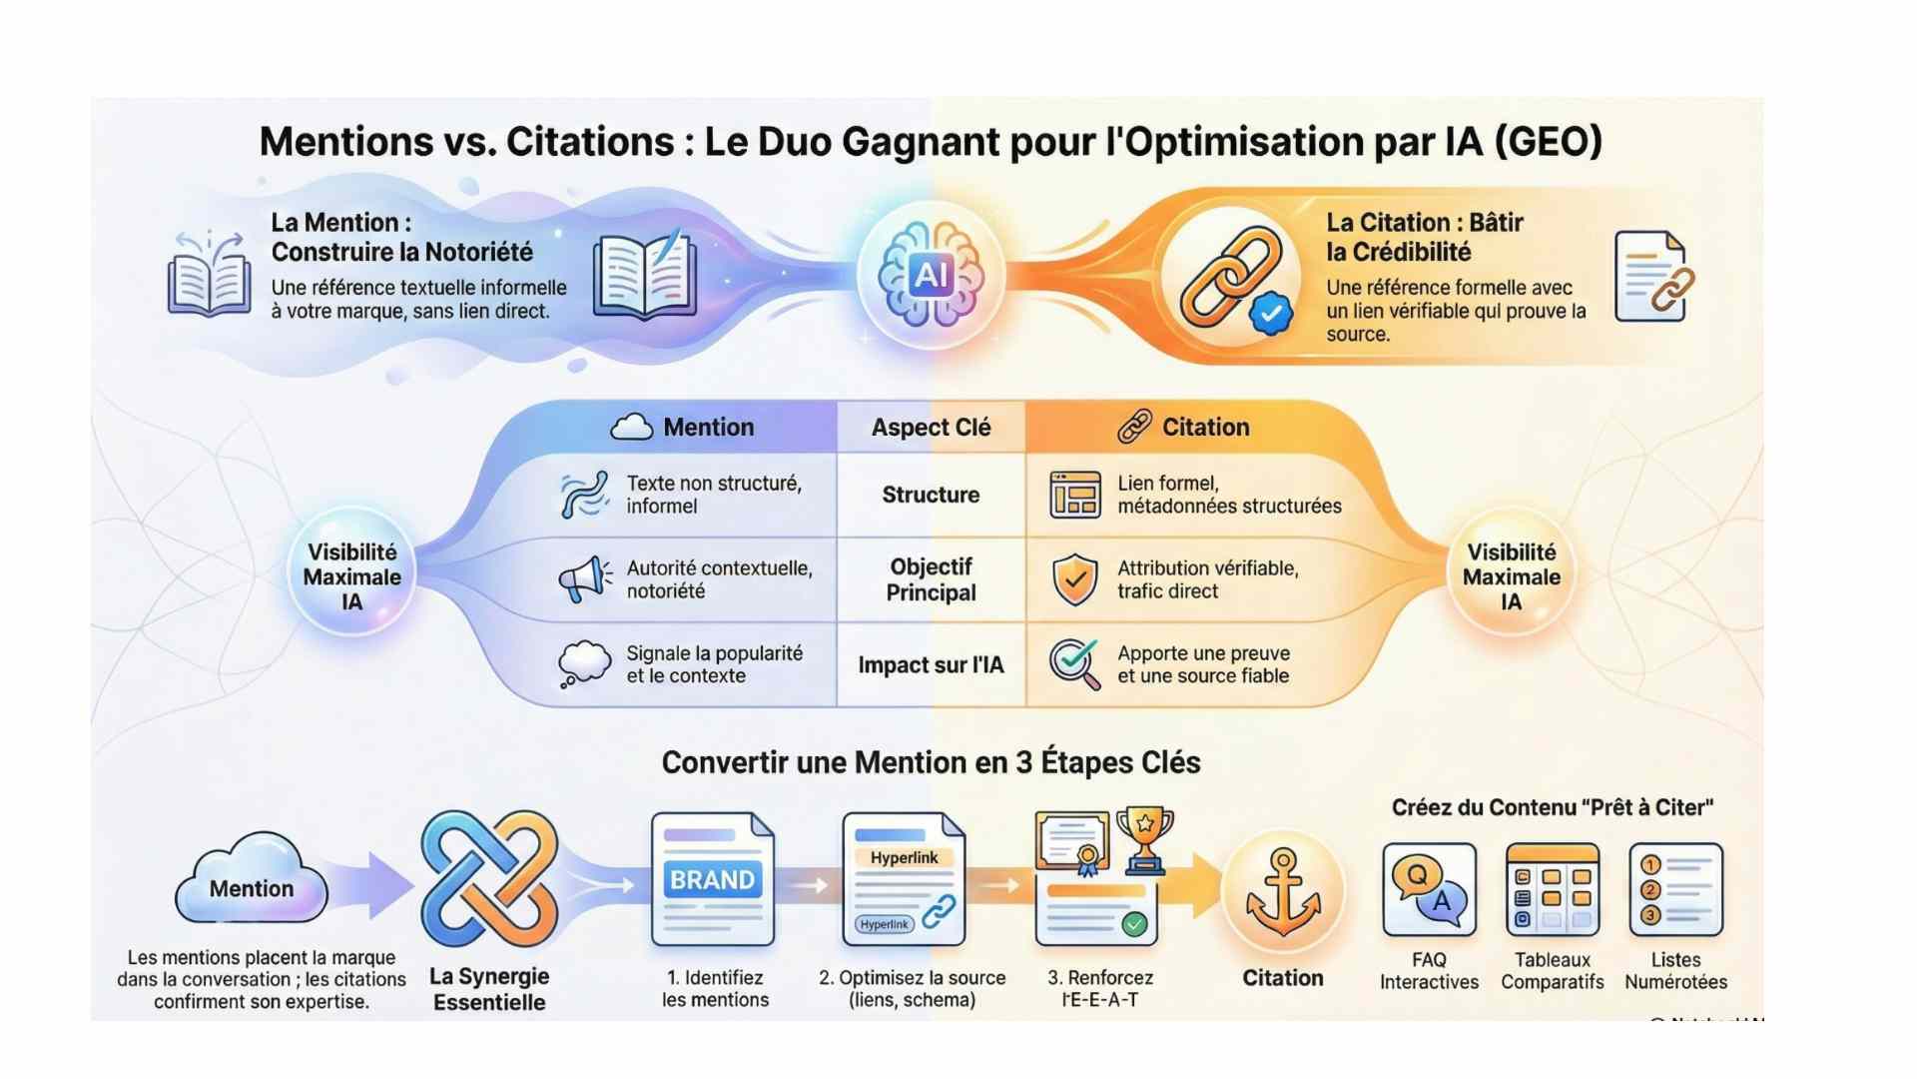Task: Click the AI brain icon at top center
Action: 931,274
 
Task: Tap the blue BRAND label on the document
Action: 712,880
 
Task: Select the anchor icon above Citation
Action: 1283,891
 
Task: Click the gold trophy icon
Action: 1144,837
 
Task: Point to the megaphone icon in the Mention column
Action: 585,578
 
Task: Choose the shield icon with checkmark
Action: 1075,579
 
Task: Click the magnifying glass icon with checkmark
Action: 1074,663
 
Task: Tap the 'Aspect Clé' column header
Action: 931,428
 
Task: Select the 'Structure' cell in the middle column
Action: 931,495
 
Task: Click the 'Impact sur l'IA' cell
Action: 931,665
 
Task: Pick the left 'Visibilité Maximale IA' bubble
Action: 352,576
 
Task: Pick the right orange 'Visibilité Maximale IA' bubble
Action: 1511,576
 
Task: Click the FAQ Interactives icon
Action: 1429,889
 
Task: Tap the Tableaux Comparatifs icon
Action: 1552,889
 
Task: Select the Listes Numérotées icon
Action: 1675,889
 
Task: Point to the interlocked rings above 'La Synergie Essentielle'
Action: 489,879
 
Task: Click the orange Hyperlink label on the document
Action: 904,857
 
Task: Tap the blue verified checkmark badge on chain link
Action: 1270,314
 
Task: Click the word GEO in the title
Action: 1548,141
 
